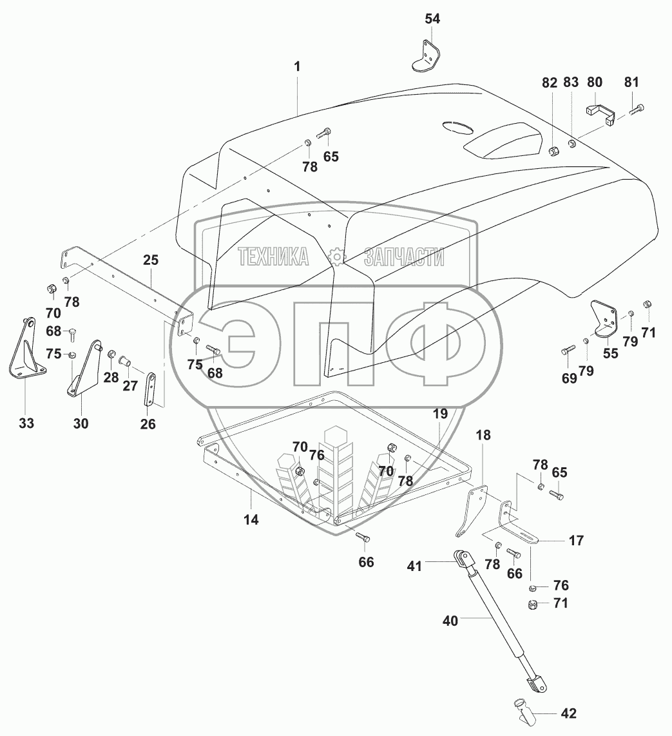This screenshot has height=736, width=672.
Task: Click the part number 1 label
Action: (x=297, y=66)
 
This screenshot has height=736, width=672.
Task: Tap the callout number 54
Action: (x=432, y=19)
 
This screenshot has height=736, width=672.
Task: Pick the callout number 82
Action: (x=549, y=82)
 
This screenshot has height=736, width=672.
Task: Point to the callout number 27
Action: (x=130, y=386)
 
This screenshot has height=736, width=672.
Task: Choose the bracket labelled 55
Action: (x=605, y=318)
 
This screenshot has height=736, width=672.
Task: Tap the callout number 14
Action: (x=251, y=519)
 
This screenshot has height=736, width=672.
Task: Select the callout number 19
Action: (x=439, y=414)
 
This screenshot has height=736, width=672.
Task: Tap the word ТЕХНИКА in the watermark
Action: (x=273, y=257)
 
